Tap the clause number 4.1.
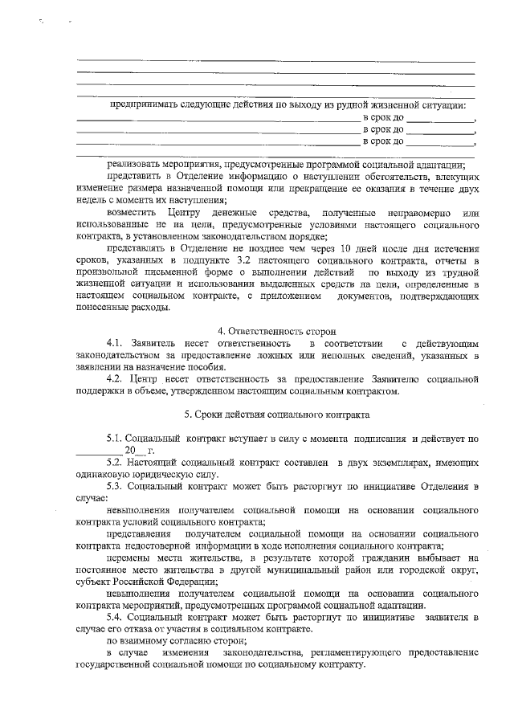[118, 345]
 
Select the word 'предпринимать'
[147, 104]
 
